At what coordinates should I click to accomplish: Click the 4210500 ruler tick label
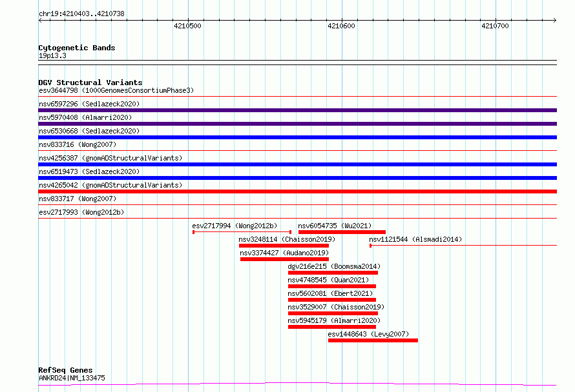point(187,26)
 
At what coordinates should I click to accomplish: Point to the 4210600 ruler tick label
point(341,26)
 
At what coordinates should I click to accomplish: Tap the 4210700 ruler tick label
point(495,26)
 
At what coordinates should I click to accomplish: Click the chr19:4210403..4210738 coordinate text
point(81,14)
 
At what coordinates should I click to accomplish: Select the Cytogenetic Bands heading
point(77,48)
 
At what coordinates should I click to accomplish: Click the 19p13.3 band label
point(52,55)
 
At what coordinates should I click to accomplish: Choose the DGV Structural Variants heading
point(90,83)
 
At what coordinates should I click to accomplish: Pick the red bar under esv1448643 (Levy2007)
point(373,341)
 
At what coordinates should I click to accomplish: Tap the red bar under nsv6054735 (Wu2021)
point(342,232)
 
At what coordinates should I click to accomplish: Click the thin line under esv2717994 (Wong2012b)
point(242,232)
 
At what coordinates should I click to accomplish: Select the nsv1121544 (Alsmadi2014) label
point(415,239)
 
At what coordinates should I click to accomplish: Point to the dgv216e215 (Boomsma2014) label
point(334,266)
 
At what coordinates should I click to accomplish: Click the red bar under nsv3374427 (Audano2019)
point(284,259)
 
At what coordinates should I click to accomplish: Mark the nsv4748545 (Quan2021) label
point(328,280)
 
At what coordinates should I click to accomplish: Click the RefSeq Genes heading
point(65,370)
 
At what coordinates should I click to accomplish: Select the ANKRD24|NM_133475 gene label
point(72,378)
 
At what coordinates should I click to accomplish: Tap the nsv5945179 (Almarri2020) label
point(334,320)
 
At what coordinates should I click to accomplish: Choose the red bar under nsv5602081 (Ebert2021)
point(332,300)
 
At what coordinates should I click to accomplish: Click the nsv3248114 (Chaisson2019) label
point(287,239)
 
